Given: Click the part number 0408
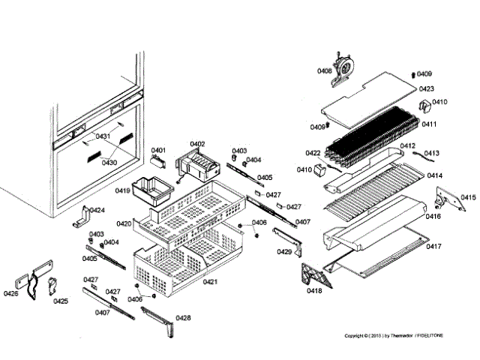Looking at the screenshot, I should pyautogui.click(x=324, y=70).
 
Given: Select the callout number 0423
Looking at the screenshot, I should pyautogui.click(x=427, y=89).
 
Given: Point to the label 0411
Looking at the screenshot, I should pyautogui.click(x=429, y=124).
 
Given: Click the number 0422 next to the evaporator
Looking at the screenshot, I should pyautogui.click(x=313, y=153).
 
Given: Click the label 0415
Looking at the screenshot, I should pyautogui.click(x=468, y=197).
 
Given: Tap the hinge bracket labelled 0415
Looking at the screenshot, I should pyautogui.click(x=448, y=196).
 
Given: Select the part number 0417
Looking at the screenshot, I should pyautogui.click(x=434, y=246).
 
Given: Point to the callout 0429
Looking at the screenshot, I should pyautogui.click(x=284, y=252).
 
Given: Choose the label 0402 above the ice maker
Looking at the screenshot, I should pyautogui.click(x=197, y=143).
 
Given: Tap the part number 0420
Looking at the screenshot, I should pyautogui.click(x=124, y=223).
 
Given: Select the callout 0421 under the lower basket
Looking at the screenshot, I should pyautogui.click(x=210, y=281).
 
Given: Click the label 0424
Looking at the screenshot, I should pyautogui.click(x=97, y=211).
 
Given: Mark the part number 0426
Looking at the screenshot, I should pyautogui.click(x=10, y=294).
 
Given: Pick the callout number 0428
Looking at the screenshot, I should pyautogui.click(x=183, y=318).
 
